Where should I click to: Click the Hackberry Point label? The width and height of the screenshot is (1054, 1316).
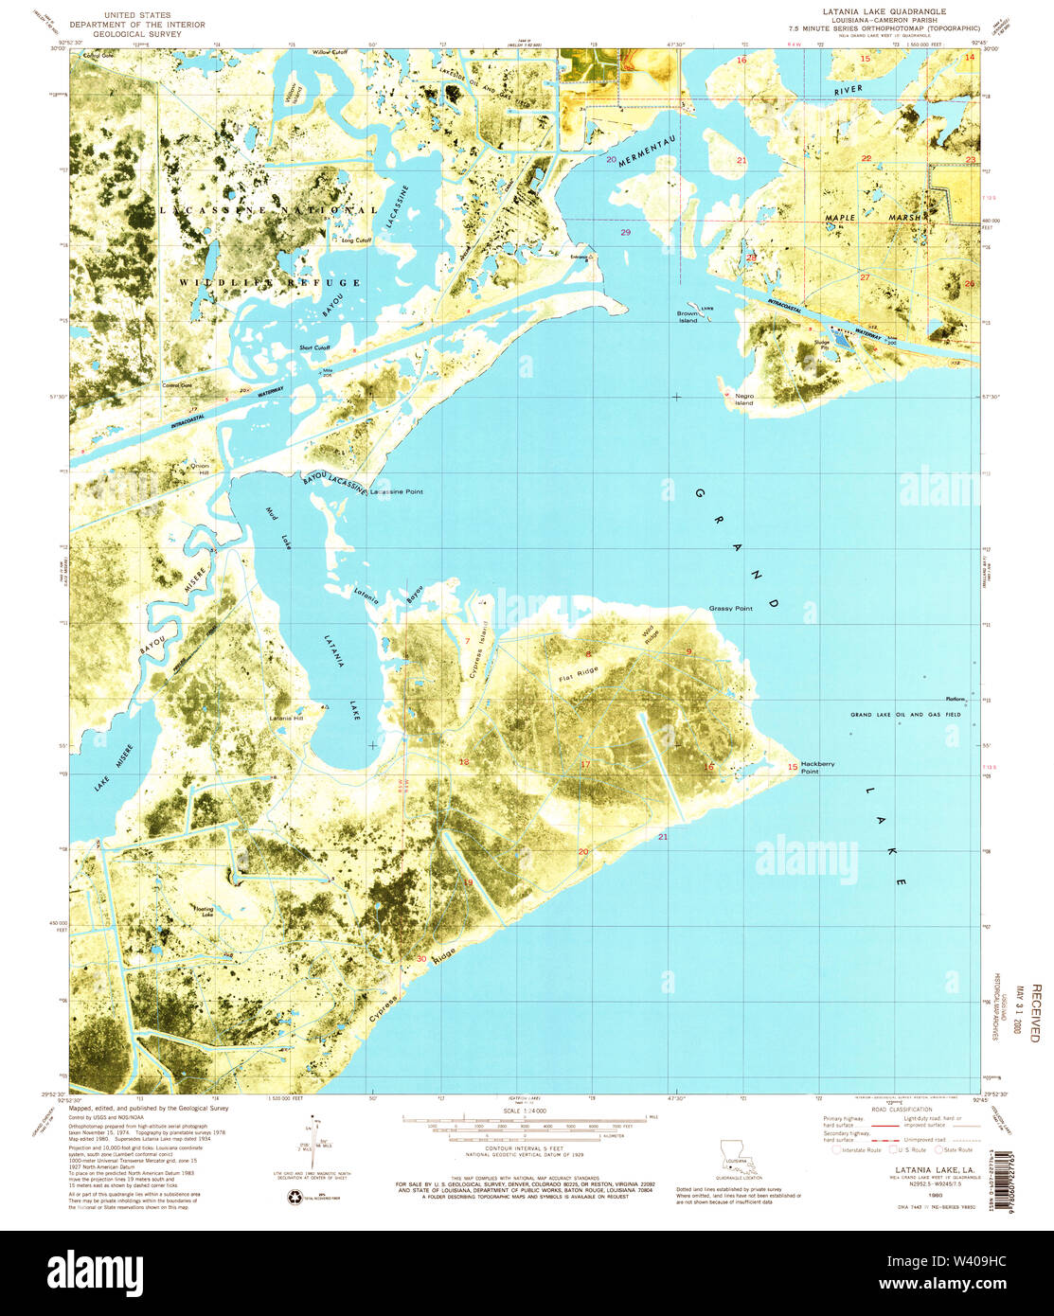tap(818, 767)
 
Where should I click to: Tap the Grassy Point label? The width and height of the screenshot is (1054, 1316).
tap(730, 609)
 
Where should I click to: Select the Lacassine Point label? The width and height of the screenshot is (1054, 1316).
tap(397, 492)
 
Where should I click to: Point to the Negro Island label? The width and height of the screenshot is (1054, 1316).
tap(744, 400)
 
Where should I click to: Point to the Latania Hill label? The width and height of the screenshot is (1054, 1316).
tap(287, 717)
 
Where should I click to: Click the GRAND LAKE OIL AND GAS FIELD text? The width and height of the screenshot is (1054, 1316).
tap(904, 715)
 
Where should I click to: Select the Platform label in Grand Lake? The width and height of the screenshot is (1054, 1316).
tap(954, 699)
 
